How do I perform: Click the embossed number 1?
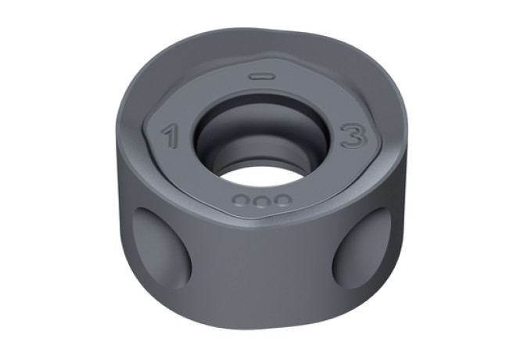pyautogui.click(x=170, y=136)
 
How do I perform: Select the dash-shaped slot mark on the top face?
pyautogui.click(x=263, y=77)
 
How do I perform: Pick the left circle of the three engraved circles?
pyautogui.click(x=241, y=200)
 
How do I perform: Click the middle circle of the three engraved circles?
pyautogui.click(x=261, y=202)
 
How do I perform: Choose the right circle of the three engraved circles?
pyautogui.click(x=282, y=200)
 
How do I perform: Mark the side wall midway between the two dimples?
pyautogui.click(x=262, y=268)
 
